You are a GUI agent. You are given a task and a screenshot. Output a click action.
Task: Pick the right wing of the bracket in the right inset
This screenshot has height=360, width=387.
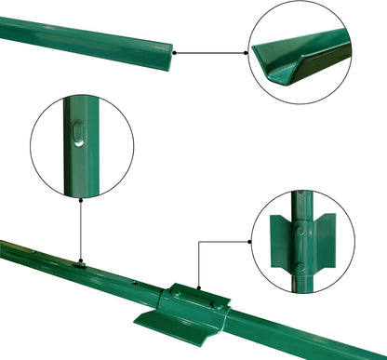tap(324, 241)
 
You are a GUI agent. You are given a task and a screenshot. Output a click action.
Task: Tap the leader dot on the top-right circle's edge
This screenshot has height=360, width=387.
tap(249, 53)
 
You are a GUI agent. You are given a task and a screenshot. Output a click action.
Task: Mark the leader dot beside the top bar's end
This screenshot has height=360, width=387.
tap(176, 53)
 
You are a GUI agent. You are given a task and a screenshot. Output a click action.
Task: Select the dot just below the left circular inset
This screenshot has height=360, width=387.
tap(81, 198)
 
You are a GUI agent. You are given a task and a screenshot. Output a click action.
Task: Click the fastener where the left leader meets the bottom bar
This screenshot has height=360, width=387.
tap(82, 263)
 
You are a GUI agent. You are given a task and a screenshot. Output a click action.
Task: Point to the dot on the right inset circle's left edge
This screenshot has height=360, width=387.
tap(253, 241)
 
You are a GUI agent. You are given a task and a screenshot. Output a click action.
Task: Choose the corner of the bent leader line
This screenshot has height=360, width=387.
tap(198, 241)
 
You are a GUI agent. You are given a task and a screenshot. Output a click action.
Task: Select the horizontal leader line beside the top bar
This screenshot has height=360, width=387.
tap(212, 53)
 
